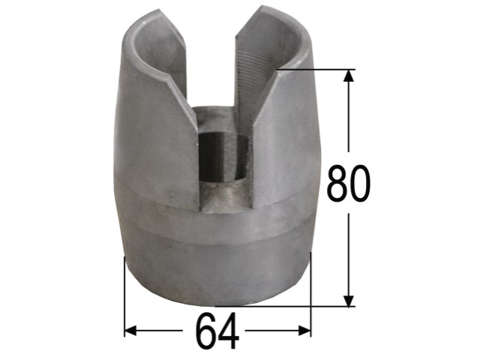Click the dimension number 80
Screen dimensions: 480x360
[x=348, y=183]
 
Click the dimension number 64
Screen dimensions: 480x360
[x=217, y=331]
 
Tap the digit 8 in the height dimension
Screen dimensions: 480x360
[x=337, y=183]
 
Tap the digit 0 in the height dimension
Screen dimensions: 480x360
[x=360, y=183]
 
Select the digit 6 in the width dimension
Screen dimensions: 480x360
[x=206, y=331]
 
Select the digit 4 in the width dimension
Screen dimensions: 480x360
[x=228, y=331]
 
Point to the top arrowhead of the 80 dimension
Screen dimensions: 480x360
[x=348, y=76]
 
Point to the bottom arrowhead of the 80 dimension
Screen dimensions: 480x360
[x=348, y=301]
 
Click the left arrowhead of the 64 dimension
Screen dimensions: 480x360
[x=130, y=331]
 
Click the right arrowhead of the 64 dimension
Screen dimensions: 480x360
[x=305, y=331]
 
